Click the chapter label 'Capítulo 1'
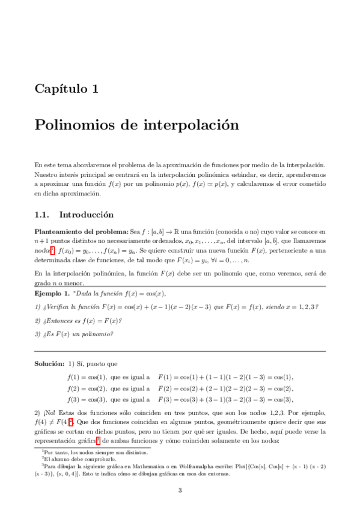pos(66,89)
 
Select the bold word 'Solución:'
pos(49,364)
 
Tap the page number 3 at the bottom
pos(180,491)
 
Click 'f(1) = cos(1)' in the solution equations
pos(84,377)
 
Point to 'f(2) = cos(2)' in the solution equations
pos(84,388)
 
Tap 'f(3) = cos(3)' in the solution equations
pos(84,399)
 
